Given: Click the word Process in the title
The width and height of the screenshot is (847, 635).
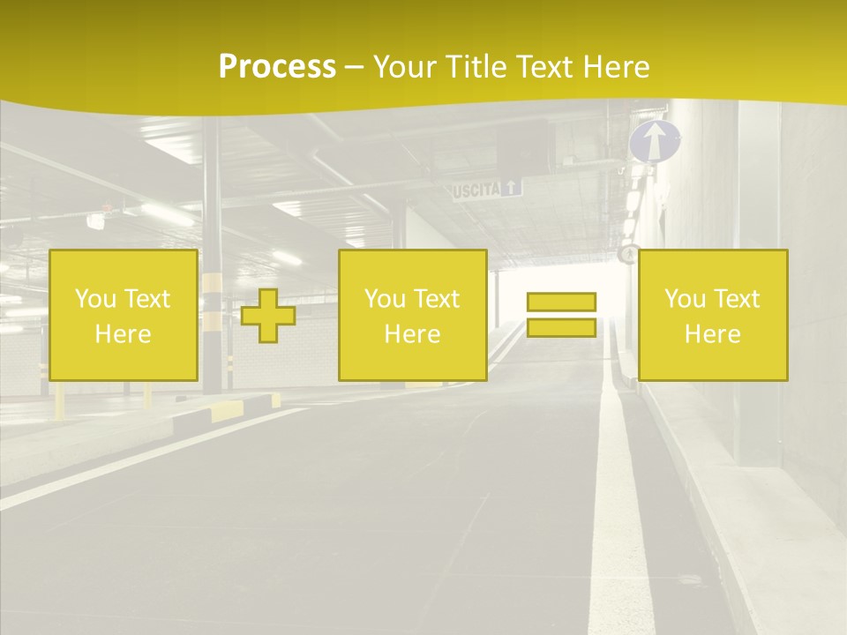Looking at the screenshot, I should point(277,67).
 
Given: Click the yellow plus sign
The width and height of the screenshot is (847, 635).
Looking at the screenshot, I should point(268,316).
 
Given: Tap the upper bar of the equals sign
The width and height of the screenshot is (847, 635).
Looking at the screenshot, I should point(561,303).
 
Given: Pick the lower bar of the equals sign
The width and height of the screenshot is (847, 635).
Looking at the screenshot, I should point(561,328).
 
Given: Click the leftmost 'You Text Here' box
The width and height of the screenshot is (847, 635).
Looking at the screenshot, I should point(124,316).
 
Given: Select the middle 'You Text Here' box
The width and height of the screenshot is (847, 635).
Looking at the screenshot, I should point(413,316).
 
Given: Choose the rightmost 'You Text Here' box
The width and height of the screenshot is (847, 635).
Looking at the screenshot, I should point(713,316).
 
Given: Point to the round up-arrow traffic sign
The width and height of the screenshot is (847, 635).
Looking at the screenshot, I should point(655,141).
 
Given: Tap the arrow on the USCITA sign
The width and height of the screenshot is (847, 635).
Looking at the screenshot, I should point(513,187).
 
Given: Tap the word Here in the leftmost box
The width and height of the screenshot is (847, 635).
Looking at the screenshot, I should point(124,334).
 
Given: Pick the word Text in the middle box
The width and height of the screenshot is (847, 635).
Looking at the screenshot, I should point(436,299).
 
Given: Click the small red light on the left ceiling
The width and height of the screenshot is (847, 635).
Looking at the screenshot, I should point(107,209).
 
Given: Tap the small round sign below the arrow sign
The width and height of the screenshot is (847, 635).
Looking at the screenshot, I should point(627,254).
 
